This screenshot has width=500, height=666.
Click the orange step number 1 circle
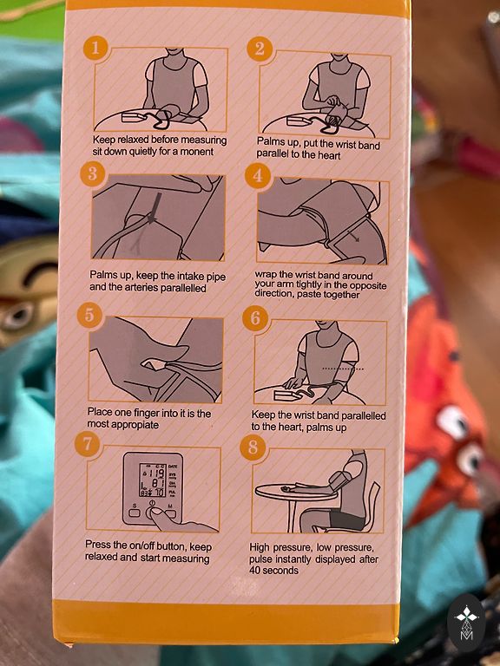pyautogui.click(x=95, y=48)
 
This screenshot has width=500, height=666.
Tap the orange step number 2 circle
pyautogui.click(x=260, y=49)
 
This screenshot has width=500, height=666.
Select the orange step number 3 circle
pyautogui.click(x=93, y=173)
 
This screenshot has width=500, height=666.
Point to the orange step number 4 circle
pyautogui.click(x=257, y=176)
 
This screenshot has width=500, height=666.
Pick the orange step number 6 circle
pyautogui.click(x=254, y=317)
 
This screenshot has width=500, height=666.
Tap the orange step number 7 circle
pyautogui.click(x=87, y=444)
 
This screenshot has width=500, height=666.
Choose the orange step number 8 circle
pyautogui.click(x=253, y=447)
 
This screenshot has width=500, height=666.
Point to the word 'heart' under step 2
pyautogui.click(x=328, y=155)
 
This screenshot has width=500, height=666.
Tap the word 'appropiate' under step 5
pyautogui.click(x=135, y=424)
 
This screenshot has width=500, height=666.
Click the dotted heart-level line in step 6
pyautogui.click(x=343, y=369)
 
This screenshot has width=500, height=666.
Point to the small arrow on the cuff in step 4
pyautogui.click(x=353, y=236)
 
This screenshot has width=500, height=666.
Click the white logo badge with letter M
pyautogui.click(x=467, y=623)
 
